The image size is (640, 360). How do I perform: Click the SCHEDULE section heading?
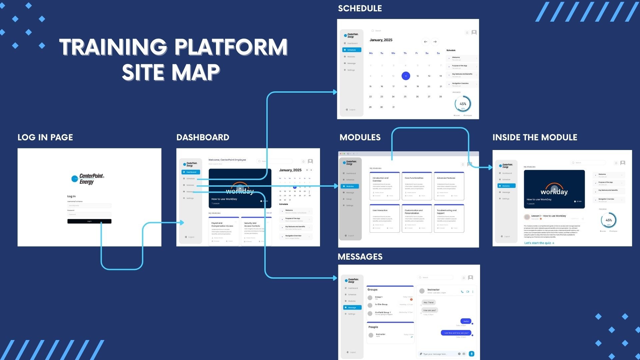pyautogui.click(x=360, y=8)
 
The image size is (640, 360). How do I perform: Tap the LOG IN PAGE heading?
pyautogui.click(x=45, y=137)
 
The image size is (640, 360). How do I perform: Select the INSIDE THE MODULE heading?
pyautogui.click(x=535, y=137)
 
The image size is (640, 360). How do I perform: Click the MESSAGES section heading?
pyautogui.click(x=360, y=257)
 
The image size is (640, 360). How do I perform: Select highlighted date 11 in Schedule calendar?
pyautogui.click(x=406, y=76)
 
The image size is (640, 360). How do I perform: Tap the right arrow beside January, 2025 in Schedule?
pyautogui.click(x=435, y=42)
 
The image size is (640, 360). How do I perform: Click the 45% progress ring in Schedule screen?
pyautogui.click(x=463, y=104)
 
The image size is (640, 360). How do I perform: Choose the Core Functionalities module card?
pyautogui.click(x=417, y=186)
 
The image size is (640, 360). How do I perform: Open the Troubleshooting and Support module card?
pyautogui.click(x=449, y=218)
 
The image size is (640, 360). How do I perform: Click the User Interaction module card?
pyautogui.click(x=384, y=218)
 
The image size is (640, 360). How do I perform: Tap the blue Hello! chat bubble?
pyautogui.click(x=466, y=321)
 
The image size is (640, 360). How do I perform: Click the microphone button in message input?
pyautogui.click(x=471, y=354)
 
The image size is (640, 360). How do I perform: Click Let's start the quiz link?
pyautogui.click(x=539, y=243)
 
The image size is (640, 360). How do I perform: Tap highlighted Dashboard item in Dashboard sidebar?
pyautogui.click(x=191, y=172)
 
